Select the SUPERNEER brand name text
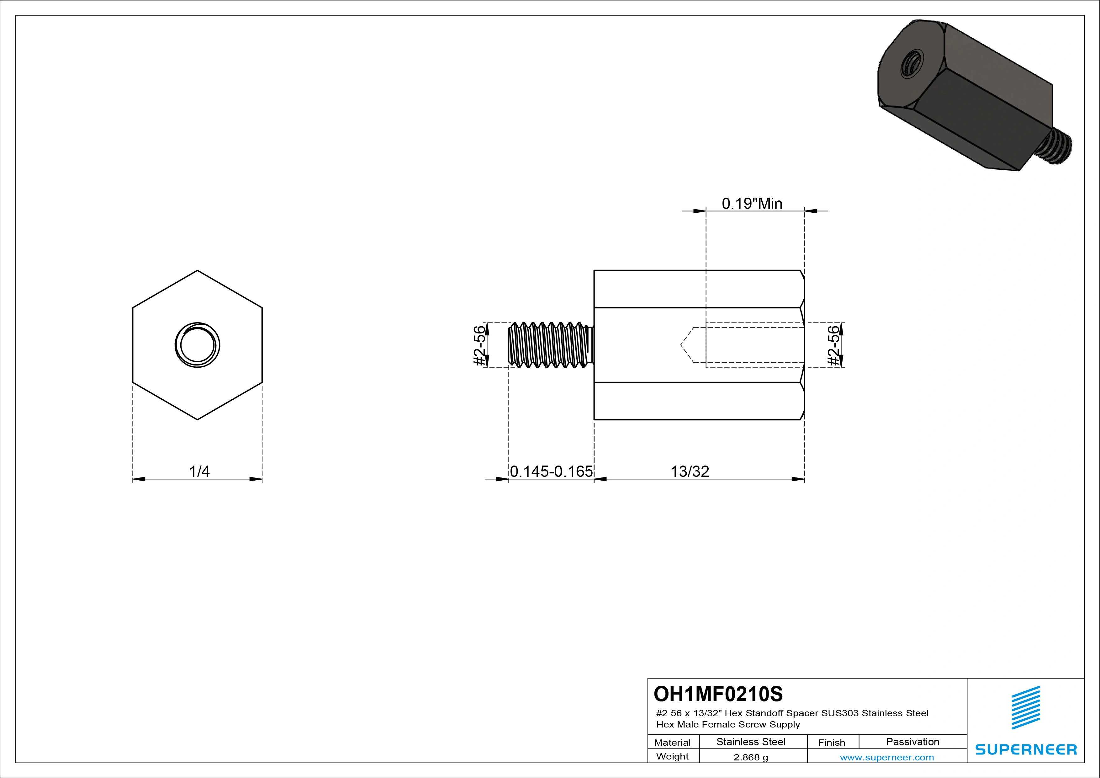click(x=1026, y=749)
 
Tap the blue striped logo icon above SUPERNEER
click(x=1026, y=707)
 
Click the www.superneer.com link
click(x=887, y=757)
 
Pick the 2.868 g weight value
click(x=751, y=757)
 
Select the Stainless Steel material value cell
click(x=751, y=742)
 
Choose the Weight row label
click(x=672, y=756)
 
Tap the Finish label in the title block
click(x=831, y=743)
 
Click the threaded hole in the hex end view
click(x=197, y=345)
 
